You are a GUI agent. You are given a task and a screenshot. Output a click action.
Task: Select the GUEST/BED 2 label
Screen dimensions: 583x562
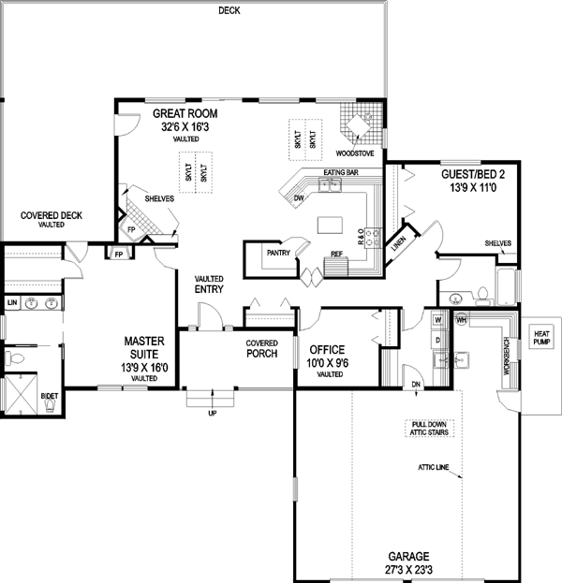coord(472,174)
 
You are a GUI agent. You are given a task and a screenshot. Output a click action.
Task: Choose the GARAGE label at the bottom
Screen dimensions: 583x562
coord(407,556)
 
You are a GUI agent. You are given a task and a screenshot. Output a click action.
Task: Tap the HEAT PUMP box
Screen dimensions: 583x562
coord(542,338)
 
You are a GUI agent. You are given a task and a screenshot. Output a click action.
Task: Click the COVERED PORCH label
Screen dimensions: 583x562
coord(264,349)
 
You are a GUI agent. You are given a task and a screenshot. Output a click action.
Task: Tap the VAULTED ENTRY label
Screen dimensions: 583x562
coord(208,284)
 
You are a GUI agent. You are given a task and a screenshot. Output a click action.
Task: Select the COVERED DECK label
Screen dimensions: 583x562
coord(52,216)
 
